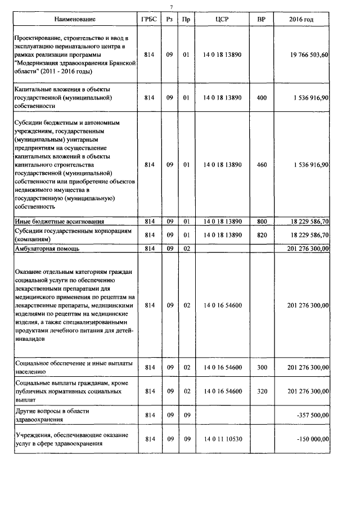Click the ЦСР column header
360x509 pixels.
point(222,20)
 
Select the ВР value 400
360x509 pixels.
point(262,97)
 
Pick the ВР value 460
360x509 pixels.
point(262,165)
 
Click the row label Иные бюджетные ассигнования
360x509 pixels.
point(58,222)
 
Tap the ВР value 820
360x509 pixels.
point(262,235)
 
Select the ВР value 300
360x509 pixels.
point(262,367)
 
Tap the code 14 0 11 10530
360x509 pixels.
point(222,439)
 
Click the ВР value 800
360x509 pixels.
point(262,222)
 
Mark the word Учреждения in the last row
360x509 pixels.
point(33,435)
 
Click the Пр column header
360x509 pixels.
point(186,20)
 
